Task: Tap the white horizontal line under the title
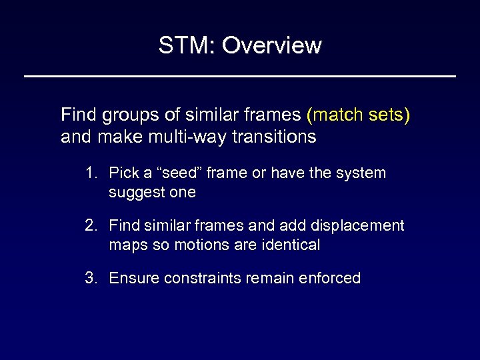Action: pos(240,77)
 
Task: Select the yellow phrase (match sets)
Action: pos(359,116)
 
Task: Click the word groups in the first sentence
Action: pos(124,116)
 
